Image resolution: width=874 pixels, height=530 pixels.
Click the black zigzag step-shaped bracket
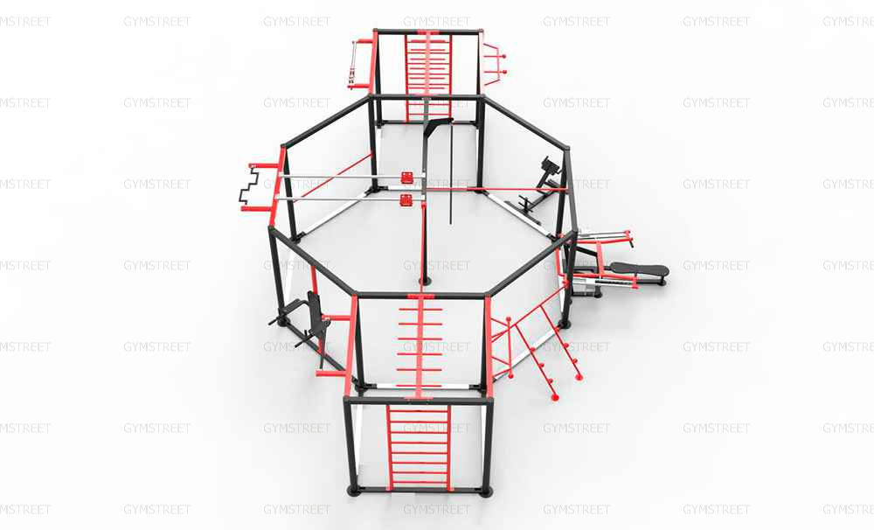click(x=249, y=185)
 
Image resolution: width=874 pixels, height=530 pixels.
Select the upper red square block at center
click(x=407, y=178)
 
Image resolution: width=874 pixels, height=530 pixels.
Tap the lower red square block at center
click(x=406, y=199)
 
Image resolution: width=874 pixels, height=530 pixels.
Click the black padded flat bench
click(x=639, y=269)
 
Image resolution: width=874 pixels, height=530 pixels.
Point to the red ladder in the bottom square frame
click(x=420, y=447)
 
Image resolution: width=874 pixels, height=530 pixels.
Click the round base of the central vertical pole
click(x=426, y=281)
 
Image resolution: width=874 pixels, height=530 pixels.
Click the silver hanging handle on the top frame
click(x=352, y=65)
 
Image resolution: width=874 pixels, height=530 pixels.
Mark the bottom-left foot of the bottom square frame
click(x=353, y=491)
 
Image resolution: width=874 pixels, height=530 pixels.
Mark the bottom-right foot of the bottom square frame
click(x=486, y=492)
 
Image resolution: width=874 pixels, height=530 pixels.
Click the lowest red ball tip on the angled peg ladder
click(x=555, y=398)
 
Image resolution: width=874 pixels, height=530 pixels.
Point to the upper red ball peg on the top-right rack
click(x=503, y=56)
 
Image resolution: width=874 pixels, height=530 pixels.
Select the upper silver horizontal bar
click(x=339, y=177)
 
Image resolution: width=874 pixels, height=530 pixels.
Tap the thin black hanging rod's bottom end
click(x=450, y=223)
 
